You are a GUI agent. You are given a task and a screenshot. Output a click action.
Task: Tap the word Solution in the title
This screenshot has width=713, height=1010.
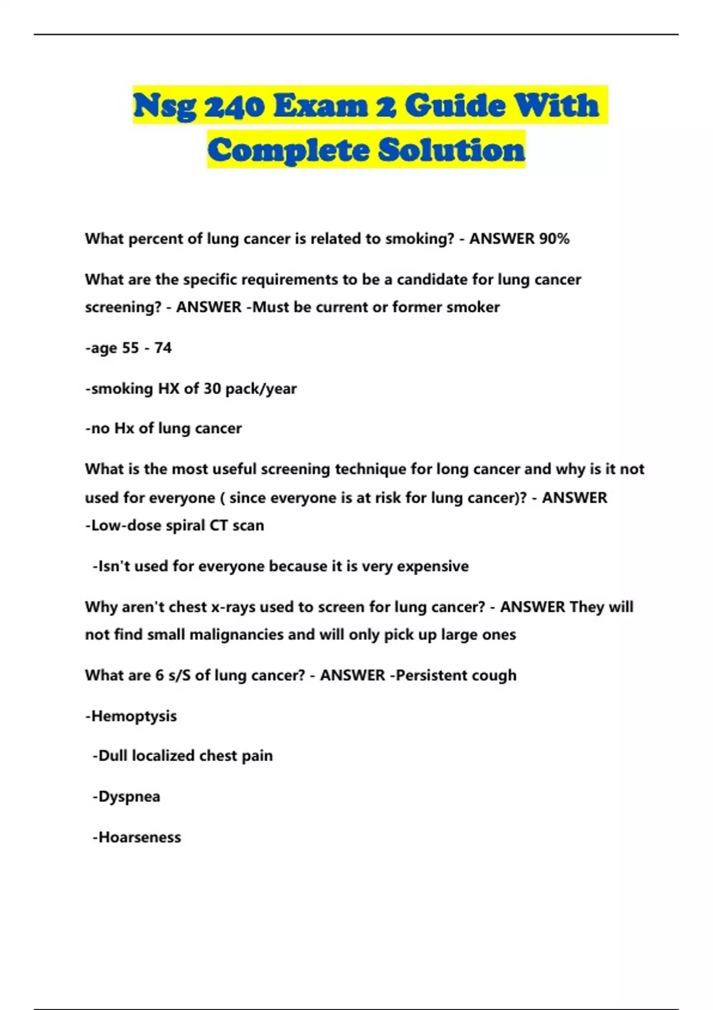pyautogui.click(x=452, y=150)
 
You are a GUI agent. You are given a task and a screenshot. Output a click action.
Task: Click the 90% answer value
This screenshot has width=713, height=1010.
pyautogui.click(x=554, y=239)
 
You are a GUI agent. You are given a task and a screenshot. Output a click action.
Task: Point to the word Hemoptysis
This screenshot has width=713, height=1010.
pyautogui.click(x=134, y=716)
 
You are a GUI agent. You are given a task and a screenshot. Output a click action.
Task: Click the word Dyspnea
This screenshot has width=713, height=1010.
pyautogui.click(x=129, y=797)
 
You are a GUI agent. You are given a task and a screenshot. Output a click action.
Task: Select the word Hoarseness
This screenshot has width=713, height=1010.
pyautogui.click(x=139, y=837)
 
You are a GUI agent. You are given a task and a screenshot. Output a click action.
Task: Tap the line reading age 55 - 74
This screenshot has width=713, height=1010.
pyautogui.click(x=128, y=348)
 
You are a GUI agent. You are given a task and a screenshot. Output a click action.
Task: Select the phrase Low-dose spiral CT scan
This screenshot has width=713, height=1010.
pyautogui.click(x=175, y=526)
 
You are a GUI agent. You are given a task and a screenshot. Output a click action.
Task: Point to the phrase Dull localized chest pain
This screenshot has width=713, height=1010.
pyautogui.click(x=182, y=756)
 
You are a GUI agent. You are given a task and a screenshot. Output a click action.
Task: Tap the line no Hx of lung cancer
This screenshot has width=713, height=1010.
pyautogui.click(x=163, y=428)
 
